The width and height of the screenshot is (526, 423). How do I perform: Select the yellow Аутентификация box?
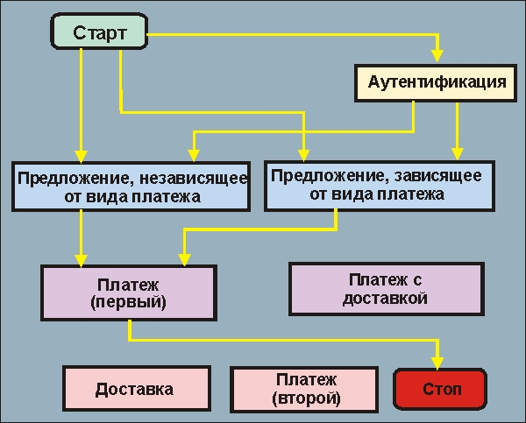tap(431, 82)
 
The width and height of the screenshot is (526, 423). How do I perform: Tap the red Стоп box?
tap(441, 389)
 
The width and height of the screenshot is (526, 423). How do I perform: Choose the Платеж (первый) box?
tap(128, 292)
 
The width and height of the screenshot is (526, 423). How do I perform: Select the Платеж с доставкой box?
tap(387, 288)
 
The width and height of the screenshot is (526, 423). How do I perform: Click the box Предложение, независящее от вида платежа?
tap(131, 187)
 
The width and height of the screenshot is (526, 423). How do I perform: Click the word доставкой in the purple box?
tap(387, 299)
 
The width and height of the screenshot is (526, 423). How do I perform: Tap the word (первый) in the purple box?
tap(128, 302)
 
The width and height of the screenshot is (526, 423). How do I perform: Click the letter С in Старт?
tap(80, 35)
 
